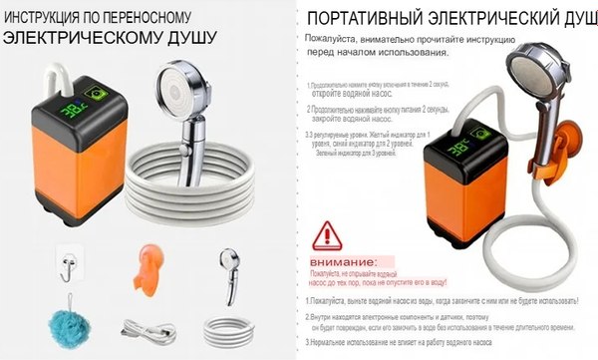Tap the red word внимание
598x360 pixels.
tap(330, 260)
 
